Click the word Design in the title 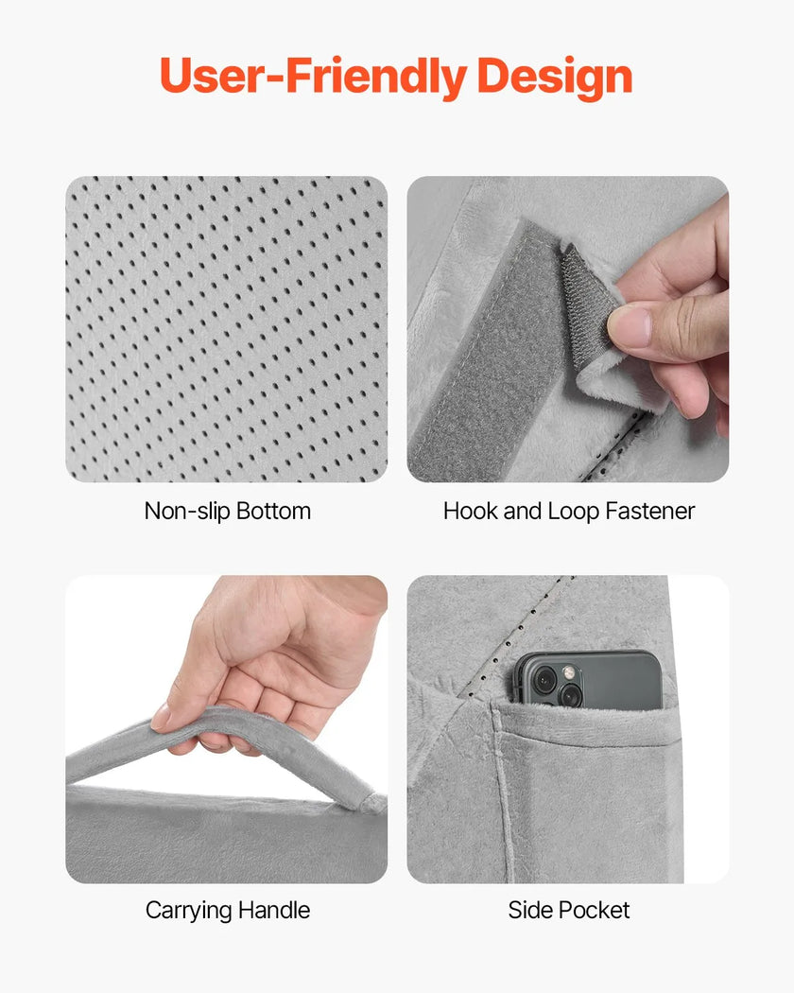tap(555, 77)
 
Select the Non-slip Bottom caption tap(227, 511)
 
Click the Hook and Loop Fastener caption tap(569, 511)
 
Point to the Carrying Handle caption tap(227, 910)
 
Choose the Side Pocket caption tap(569, 910)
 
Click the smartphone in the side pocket tap(587, 679)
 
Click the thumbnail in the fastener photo tap(630, 325)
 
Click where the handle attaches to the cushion tap(369, 802)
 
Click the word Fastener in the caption tap(649, 511)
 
